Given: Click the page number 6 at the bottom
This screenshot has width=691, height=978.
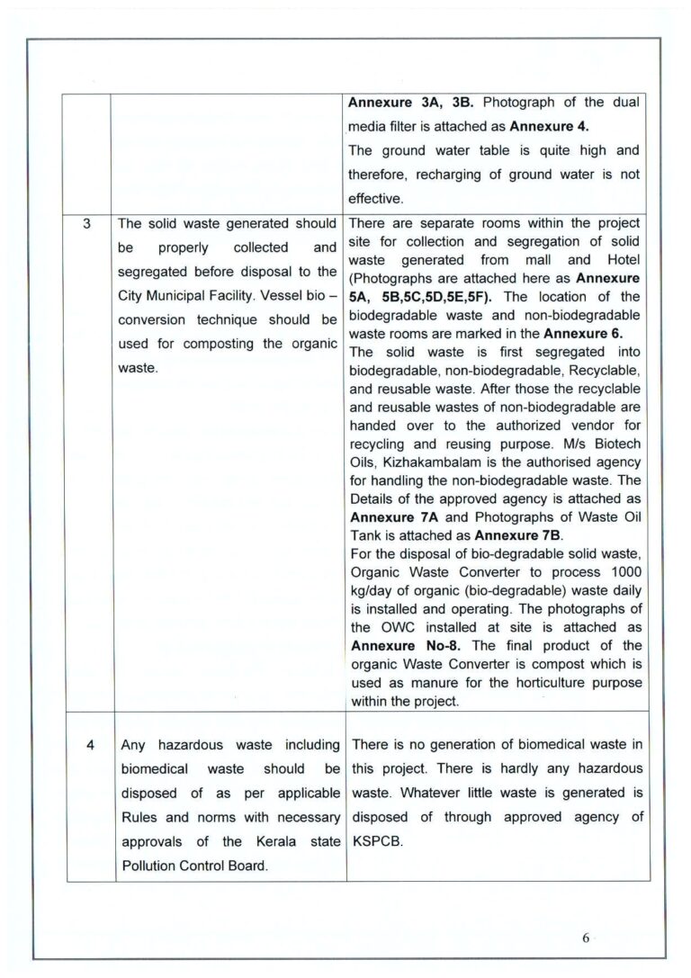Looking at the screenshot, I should (585, 938).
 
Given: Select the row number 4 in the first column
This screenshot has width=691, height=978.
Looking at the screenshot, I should (87, 745).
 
